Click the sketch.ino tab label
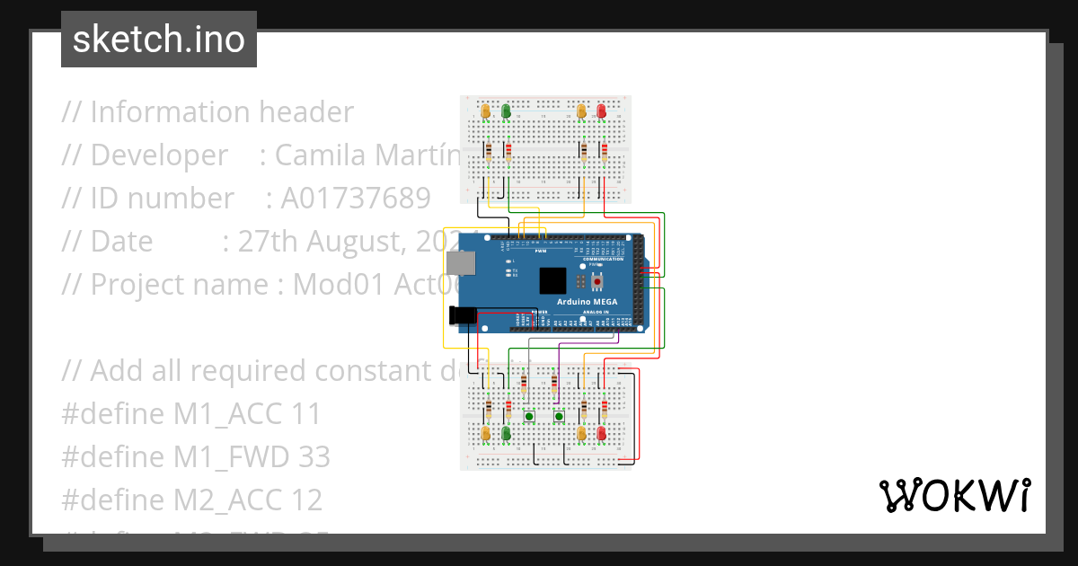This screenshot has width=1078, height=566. pos(158,40)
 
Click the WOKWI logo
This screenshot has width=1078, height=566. pos(954,495)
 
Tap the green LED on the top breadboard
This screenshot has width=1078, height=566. pos(506,111)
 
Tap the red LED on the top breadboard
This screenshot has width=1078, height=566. pos(601,111)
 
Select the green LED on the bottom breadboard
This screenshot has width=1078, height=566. pos(506,435)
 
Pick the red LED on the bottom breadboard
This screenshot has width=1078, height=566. pos(601,435)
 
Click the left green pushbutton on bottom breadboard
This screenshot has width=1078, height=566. pos(529,415)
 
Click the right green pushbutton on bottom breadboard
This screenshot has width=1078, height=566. pos(559,415)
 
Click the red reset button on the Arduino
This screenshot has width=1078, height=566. pos(596,281)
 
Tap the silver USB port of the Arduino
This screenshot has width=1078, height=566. pos(460,262)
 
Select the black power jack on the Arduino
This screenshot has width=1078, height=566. pos(461,314)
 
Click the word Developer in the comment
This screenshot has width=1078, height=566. pos(159,155)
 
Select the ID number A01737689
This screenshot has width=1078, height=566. pos(356,199)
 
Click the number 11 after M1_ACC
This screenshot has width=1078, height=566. pos(308,414)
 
